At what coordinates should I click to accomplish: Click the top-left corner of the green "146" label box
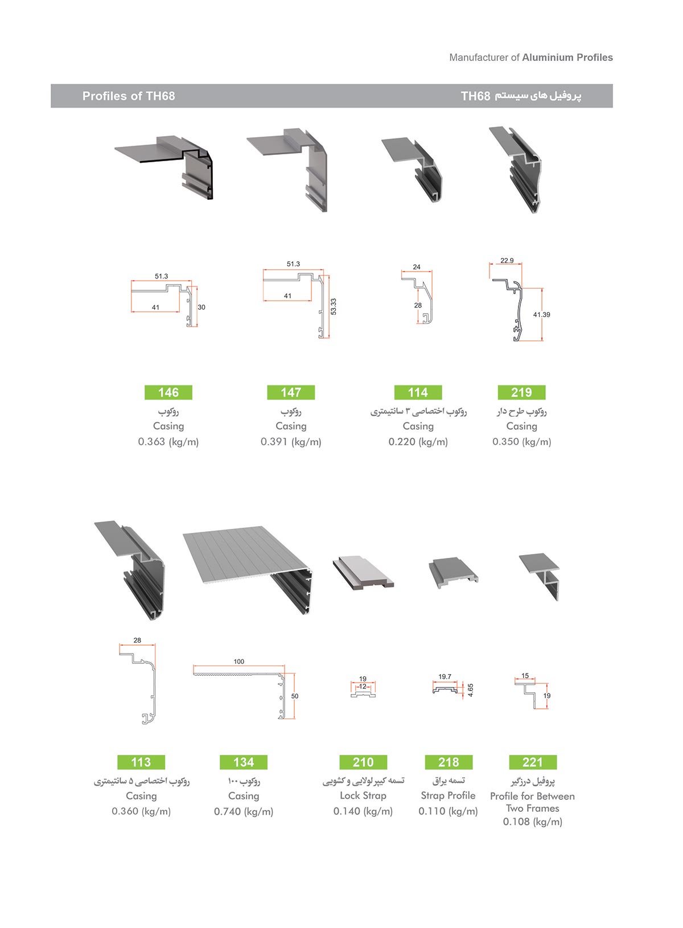click(145, 385)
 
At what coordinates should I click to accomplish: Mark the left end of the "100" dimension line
click(194, 666)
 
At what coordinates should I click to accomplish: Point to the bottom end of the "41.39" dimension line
click(542, 340)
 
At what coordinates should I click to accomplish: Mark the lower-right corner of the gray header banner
click(612, 108)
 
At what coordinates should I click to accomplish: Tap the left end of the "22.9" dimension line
click(489, 264)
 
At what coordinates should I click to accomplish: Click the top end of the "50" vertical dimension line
click(294, 673)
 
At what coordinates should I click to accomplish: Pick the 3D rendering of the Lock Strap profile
click(363, 573)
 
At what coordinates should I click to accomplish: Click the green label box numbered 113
click(141, 762)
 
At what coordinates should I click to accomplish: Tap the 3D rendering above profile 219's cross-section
click(516, 170)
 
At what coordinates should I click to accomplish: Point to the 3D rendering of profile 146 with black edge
click(164, 167)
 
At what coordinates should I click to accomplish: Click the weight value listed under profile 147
click(291, 442)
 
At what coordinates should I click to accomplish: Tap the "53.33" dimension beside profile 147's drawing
click(334, 306)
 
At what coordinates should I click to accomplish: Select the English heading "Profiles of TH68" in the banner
click(129, 96)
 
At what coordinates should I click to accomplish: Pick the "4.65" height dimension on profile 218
click(471, 690)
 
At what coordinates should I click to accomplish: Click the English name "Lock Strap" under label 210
click(363, 795)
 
